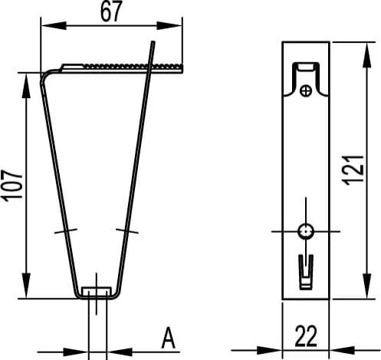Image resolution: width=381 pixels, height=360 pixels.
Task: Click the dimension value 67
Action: coord(111,11)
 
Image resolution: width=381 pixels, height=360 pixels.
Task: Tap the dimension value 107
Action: coord(12,185)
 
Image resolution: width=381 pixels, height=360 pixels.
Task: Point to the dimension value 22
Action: coord(306,336)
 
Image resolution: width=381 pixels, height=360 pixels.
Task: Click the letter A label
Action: coord(169,338)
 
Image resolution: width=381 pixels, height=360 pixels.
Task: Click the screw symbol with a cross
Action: coord(306,91)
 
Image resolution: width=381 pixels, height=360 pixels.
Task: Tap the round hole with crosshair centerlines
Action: coord(306,231)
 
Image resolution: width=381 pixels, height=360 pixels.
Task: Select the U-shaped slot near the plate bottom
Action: coord(306,272)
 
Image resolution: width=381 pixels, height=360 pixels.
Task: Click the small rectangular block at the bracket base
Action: coord(97,291)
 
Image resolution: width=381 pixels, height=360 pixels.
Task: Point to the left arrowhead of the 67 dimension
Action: coord(54,25)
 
